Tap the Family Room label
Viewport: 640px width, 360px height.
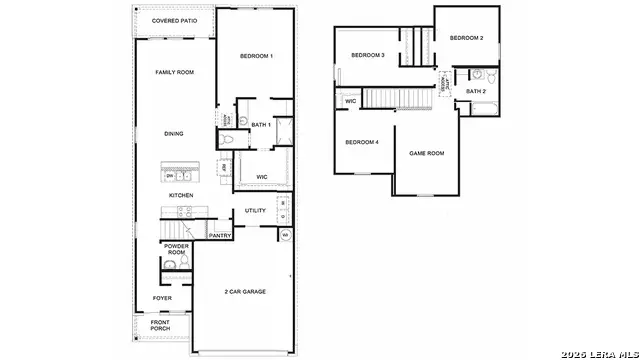coord(173,72)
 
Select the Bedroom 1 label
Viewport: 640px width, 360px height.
coord(256,56)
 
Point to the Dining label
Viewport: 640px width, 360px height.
coord(174,134)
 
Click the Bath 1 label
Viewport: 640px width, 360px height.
coord(261,125)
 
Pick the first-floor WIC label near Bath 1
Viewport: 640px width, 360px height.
coord(261,177)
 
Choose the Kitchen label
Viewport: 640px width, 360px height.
coord(180,195)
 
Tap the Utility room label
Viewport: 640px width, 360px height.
coord(255,211)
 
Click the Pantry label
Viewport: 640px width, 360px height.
coord(220,236)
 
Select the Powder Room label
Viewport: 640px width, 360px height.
coord(177,249)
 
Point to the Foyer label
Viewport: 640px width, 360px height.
coord(161,298)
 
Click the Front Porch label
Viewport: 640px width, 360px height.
coord(160,325)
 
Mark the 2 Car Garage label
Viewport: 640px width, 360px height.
coord(245,292)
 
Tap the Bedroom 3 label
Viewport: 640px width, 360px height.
coord(368,55)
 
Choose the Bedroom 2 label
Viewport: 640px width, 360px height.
coord(466,38)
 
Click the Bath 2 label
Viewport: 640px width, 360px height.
coord(476,92)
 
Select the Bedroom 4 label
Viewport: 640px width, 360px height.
coord(362,142)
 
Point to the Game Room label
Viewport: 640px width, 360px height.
coord(427,153)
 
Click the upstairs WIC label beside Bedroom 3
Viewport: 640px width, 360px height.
coord(351,101)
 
